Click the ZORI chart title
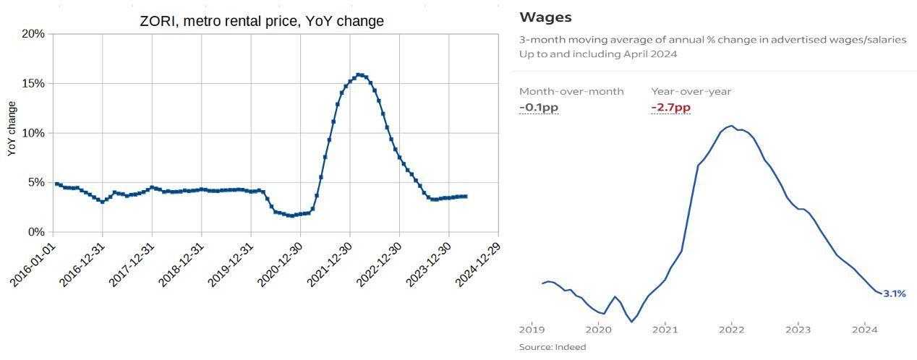coord(262,21)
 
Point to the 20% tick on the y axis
coord(33,33)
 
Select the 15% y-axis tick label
coord(33,83)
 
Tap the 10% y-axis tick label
coord(33,133)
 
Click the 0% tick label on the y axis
coord(36,232)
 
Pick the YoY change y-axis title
coord(12,129)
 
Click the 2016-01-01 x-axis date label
coord(33,265)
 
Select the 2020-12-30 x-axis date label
coord(280,265)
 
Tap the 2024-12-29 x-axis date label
coord(478,265)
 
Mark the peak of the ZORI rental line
coord(359,74)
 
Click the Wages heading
coord(545,17)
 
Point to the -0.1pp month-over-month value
coord(539,107)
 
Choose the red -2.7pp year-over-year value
coord(670,107)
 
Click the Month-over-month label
coord(571,91)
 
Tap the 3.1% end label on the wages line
coord(895,293)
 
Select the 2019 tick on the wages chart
coord(532,330)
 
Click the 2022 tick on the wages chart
coord(732,330)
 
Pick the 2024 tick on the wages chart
coord(865,330)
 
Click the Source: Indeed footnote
coord(553,347)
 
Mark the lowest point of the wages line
coord(631,322)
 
